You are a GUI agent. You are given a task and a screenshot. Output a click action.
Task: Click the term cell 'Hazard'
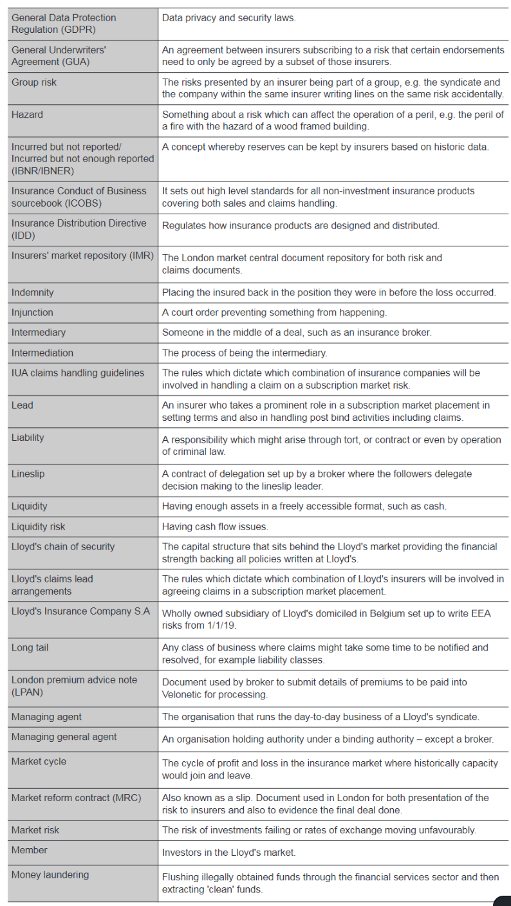27,115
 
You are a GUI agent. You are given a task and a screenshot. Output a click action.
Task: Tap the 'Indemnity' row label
33,292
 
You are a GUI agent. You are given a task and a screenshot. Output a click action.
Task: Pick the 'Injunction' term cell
32,312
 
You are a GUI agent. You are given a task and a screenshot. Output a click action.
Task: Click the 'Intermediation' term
42,353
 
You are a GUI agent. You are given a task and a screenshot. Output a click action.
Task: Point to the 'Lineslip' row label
28,474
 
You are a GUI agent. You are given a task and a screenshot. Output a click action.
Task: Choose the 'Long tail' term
30,647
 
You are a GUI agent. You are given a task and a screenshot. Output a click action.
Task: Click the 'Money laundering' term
50,874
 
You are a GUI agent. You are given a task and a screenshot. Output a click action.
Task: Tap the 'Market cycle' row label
39,761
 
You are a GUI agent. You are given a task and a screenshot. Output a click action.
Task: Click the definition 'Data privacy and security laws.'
229,18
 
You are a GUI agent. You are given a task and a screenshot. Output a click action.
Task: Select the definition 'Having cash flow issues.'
215,526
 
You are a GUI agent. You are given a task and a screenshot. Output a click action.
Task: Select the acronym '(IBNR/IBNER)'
42,171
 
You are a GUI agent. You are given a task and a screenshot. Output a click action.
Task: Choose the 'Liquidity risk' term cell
39,526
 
